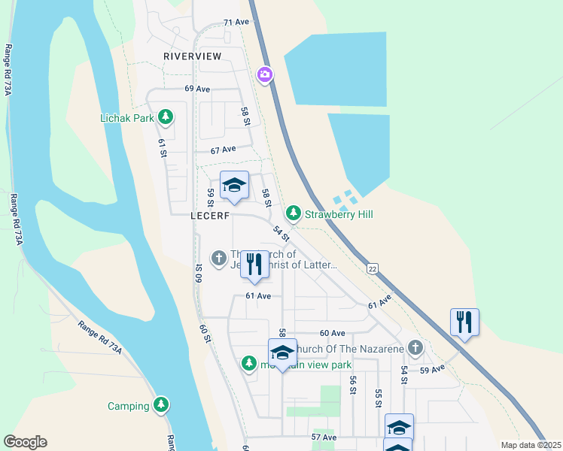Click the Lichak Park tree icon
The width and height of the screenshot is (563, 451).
[x=166, y=118]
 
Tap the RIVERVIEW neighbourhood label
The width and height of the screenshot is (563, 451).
[x=193, y=56]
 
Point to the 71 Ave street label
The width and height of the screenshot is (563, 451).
[x=236, y=23]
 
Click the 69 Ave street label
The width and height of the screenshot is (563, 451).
[x=197, y=89]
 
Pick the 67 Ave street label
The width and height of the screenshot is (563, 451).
[x=224, y=150]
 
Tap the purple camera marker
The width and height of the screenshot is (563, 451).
[x=265, y=74]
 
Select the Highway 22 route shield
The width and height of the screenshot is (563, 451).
[x=372, y=268]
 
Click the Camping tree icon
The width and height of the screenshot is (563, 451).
[x=160, y=406]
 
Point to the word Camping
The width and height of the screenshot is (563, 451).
[x=128, y=407]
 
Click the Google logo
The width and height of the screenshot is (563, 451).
[x=25, y=442]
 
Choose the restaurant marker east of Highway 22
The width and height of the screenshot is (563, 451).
[x=464, y=322]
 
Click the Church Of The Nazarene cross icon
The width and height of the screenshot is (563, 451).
[x=415, y=348]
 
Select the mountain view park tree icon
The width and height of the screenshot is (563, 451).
[x=249, y=364]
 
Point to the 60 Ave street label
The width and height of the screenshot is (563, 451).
[x=332, y=333]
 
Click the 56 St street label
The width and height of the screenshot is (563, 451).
[x=352, y=385]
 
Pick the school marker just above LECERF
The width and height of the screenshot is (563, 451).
[x=234, y=185]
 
